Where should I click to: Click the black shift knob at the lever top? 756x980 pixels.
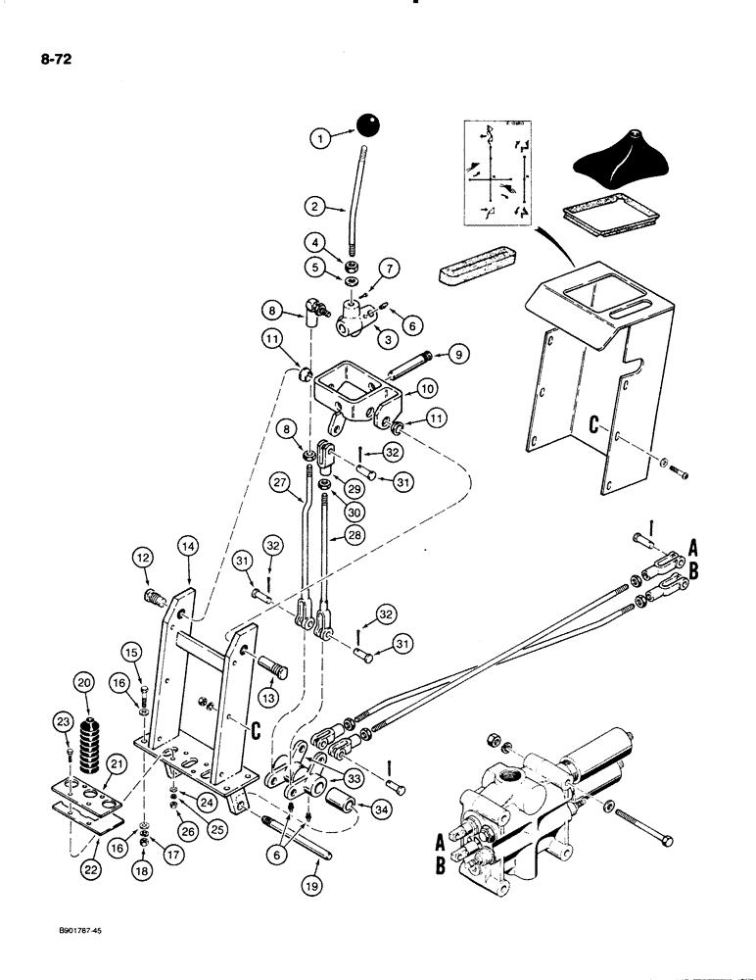coord(368,126)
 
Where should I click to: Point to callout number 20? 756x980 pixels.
coord(83,684)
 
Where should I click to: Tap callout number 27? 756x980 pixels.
coord(281,481)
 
